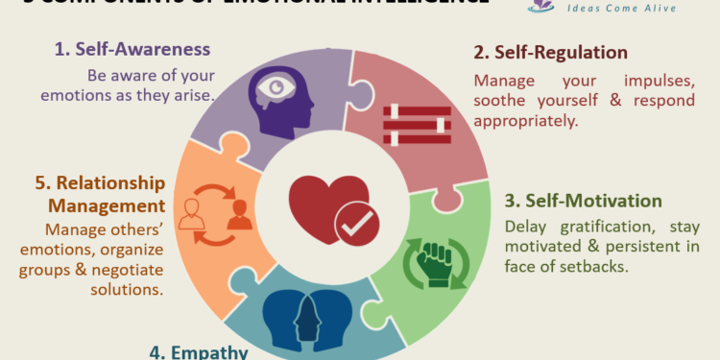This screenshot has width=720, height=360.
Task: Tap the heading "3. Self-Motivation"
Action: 583,202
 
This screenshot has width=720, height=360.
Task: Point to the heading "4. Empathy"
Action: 199,351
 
